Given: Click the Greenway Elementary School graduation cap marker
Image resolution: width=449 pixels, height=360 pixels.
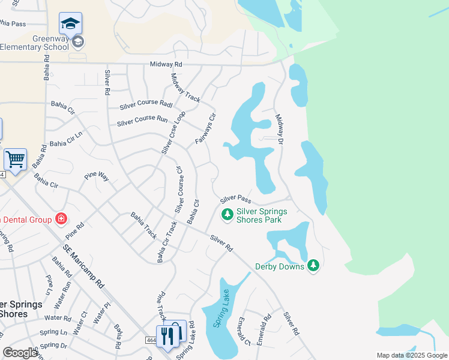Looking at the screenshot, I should [x=70, y=25].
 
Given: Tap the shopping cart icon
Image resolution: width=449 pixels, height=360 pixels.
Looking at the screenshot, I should [x=15, y=160].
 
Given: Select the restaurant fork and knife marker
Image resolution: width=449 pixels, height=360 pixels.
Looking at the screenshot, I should [x=167, y=335].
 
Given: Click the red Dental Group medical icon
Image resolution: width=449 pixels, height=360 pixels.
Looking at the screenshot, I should [x=61, y=219].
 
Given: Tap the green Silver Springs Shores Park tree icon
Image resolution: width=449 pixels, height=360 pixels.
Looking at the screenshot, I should [x=227, y=214].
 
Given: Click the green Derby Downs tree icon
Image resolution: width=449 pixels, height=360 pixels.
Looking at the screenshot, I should [x=313, y=265].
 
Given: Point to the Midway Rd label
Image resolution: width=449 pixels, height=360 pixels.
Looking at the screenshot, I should [x=166, y=64].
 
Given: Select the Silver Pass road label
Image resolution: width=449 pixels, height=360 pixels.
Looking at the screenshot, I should [x=235, y=198].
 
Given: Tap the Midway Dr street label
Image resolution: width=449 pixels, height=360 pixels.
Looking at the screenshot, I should [x=279, y=128].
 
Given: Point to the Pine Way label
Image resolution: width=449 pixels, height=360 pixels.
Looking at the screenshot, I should [x=96, y=176].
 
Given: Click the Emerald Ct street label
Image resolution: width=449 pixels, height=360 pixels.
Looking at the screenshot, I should [x=245, y=331].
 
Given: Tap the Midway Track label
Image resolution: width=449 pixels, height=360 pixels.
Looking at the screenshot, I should [x=185, y=88].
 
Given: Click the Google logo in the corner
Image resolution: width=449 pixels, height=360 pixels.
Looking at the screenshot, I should [x=20, y=353].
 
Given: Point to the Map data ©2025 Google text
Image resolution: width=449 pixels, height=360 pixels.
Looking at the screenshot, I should [x=412, y=355].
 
